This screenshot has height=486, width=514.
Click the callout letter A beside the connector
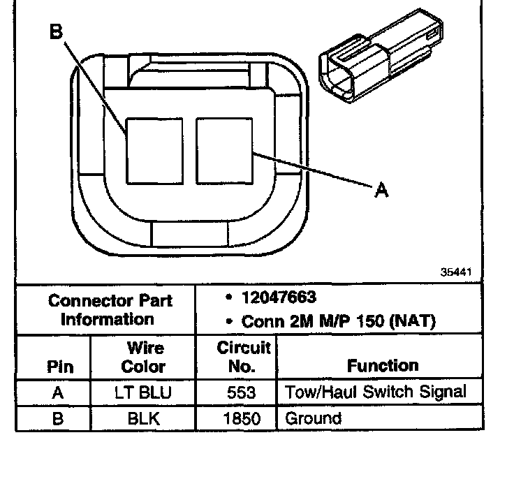[381, 189]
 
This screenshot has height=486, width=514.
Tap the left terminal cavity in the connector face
[154, 150]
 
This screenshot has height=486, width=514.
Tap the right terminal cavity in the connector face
[225, 150]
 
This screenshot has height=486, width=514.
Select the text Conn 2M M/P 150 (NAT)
[337, 322]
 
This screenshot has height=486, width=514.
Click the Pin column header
[59, 367]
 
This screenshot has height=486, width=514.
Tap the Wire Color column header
[143, 357]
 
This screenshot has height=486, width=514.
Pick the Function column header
[382, 366]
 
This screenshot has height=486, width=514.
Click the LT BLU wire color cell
[143, 392]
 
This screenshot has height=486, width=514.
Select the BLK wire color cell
[143, 419]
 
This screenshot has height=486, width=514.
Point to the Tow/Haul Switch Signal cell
[375, 392]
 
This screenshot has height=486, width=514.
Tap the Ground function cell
[313, 419]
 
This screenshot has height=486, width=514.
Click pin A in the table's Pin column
[59, 392]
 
